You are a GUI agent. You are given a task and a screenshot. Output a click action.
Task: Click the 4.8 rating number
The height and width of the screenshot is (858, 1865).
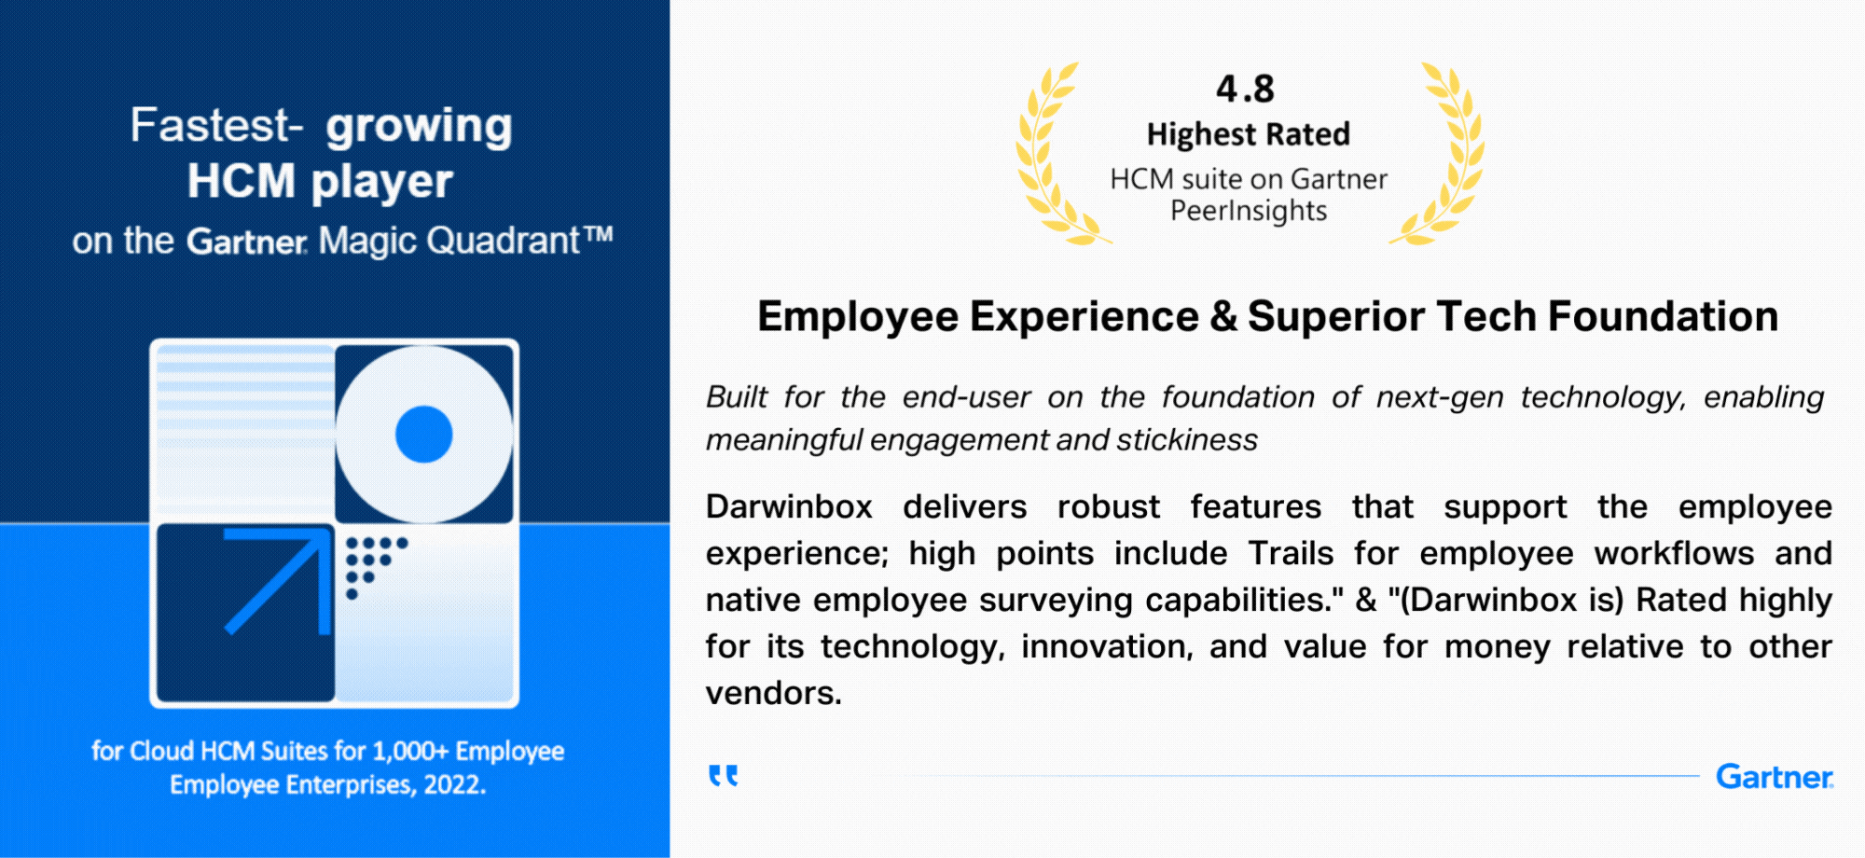(1245, 90)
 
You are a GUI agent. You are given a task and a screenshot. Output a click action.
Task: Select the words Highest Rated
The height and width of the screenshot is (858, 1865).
(1249, 134)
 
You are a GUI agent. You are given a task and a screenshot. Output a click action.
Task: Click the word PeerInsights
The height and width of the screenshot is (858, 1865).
(1249, 212)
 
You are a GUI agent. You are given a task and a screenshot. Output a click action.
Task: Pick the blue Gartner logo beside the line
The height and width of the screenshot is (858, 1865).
(1775, 777)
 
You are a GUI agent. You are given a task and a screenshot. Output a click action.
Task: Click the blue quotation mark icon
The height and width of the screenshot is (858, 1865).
(724, 776)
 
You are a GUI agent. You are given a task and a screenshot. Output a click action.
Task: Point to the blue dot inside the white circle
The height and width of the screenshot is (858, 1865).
(424, 435)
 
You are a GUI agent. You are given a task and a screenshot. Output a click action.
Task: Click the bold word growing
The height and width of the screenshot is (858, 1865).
(419, 127)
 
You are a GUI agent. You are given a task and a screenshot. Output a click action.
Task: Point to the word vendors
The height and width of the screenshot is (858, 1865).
(773, 693)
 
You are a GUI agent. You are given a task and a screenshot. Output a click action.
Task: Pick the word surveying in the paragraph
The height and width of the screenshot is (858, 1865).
(1057, 601)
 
